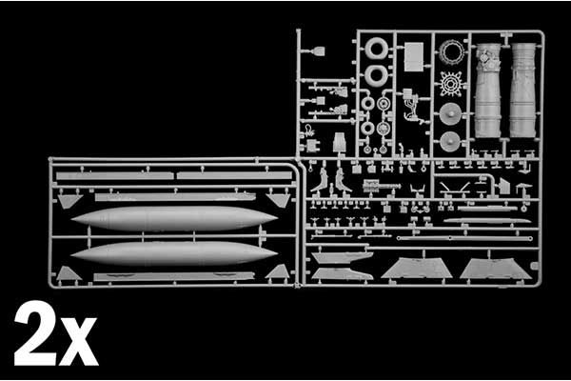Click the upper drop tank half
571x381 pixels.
[173, 218]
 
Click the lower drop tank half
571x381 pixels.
[173, 252]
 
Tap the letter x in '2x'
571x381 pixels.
[79, 341]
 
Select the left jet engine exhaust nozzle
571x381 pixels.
[487, 90]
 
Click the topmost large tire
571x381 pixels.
[377, 50]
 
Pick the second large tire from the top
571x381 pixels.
[377, 75]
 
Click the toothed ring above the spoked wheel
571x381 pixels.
[451, 52]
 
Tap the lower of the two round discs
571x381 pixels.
[451, 142]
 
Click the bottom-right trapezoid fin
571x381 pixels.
[495, 270]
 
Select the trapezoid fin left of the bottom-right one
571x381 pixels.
[417, 270]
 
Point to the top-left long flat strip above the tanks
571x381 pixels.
[114, 176]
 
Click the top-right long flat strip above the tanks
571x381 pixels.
[234, 176]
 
